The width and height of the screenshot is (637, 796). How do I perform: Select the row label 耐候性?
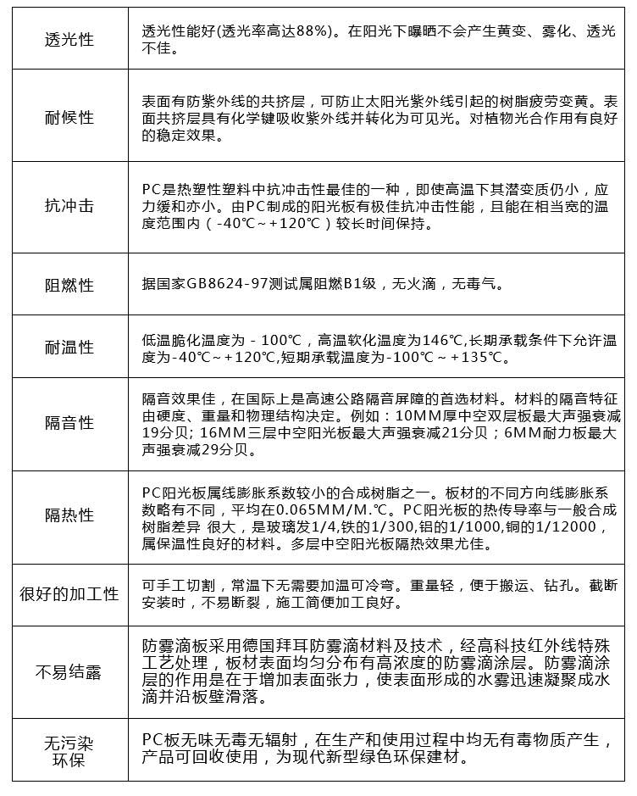click(69, 117)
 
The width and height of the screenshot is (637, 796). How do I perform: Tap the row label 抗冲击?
click(69, 206)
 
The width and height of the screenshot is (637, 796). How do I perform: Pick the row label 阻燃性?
click(69, 285)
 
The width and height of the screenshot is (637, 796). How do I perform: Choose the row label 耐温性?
click(69, 347)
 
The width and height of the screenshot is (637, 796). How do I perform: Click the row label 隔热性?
click(69, 515)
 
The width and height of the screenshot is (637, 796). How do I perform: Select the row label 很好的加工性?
click(69, 593)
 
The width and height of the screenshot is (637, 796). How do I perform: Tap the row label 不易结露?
click(69, 673)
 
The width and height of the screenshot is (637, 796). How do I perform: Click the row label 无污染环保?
click(69, 751)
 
